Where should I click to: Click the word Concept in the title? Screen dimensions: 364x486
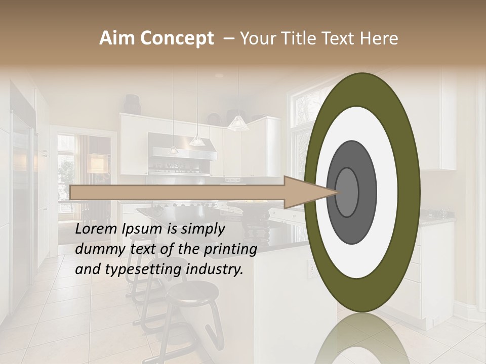(x=177, y=38)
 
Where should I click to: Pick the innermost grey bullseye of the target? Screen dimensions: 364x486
(x=347, y=192)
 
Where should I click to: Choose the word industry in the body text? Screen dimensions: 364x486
(x=215, y=269)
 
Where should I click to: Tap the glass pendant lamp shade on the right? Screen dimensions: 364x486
(x=237, y=123)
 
